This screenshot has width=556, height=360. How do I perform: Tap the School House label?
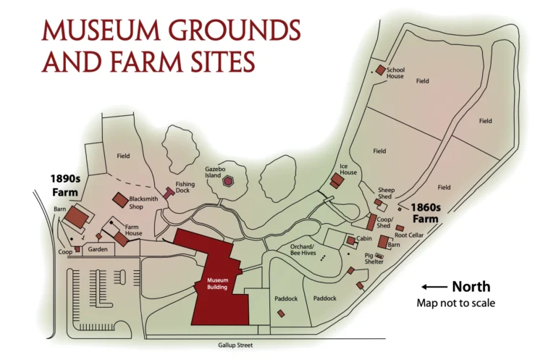pyautogui.click(x=395, y=72)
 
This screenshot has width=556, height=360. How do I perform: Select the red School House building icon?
pyautogui.click(x=379, y=70)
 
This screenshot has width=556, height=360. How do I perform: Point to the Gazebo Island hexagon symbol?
pyautogui.click(x=228, y=181)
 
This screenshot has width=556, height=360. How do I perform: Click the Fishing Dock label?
pyautogui.click(x=185, y=188)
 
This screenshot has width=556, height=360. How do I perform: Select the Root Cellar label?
pyautogui.click(x=409, y=235)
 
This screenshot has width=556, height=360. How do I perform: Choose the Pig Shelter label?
pyautogui.click(x=375, y=259)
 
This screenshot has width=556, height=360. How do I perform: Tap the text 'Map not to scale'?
pyautogui.click(x=455, y=303)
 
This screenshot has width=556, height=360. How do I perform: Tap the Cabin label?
pyautogui.click(x=364, y=238)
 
